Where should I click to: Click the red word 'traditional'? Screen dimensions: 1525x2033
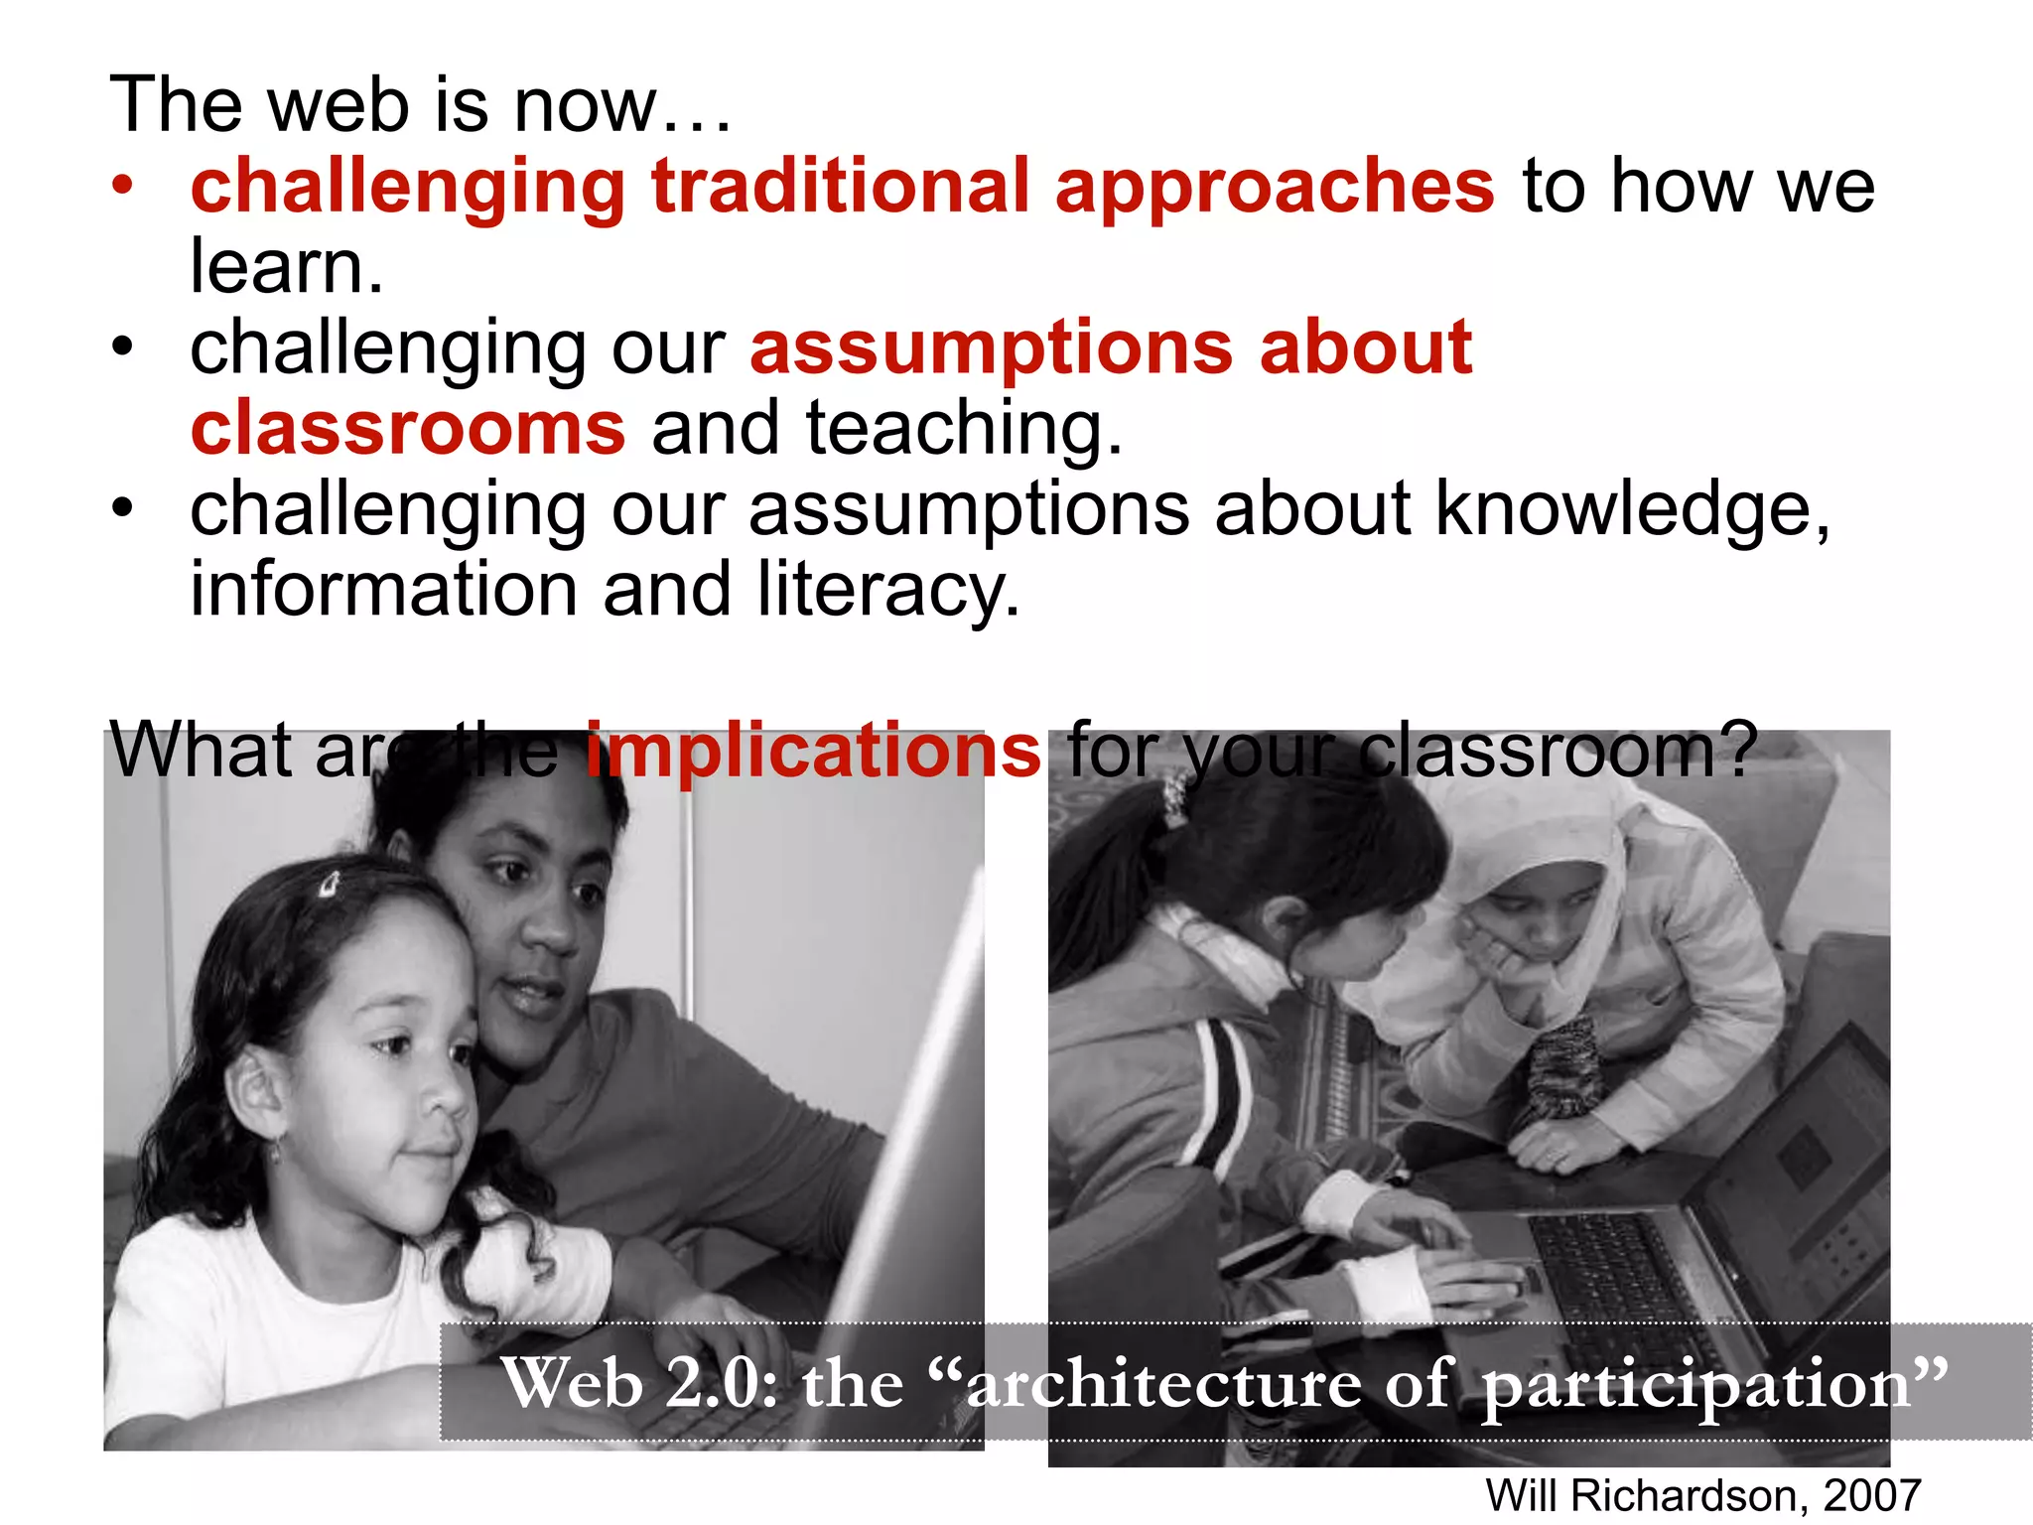[x=840, y=187]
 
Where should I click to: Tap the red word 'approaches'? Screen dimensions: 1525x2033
[x=1275, y=189]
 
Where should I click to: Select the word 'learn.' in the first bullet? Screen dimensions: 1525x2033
[x=286, y=267]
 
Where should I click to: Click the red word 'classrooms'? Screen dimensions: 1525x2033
[x=408, y=429]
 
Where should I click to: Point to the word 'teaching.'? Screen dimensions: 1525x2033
[x=964, y=429]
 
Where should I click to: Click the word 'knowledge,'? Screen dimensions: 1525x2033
[x=1632, y=510]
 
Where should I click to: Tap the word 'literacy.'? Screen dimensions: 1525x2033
[x=888, y=590]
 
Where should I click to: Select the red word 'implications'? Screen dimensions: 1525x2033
[x=813, y=751]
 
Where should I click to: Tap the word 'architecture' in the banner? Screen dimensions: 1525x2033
[x=1163, y=1383]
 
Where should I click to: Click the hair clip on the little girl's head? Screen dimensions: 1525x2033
[x=330, y=884]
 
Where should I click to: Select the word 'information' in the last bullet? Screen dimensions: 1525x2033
[x=383, y=590]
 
